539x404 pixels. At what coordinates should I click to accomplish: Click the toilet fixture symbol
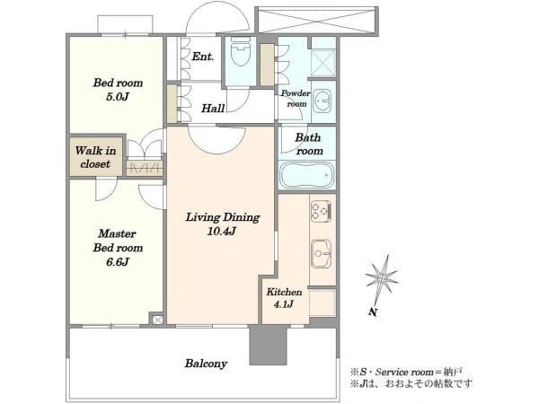[x=241, y=50]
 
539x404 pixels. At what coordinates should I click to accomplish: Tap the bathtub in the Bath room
[x=307, y=175]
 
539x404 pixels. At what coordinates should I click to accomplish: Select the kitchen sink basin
[x=321, y=253]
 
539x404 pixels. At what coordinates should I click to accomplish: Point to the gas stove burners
[x=321, y=211]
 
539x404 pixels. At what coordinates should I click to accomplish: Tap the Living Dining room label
[x=223, y=217]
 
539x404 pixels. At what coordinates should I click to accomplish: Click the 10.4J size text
[x=221, y=232]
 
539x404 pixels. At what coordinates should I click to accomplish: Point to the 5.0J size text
[x=117, y=97]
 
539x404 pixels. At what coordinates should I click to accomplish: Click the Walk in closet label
[x=95, y=157]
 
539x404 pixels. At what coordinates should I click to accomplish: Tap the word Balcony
[x=206, y=364]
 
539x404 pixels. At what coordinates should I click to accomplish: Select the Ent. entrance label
[x=203, y=57]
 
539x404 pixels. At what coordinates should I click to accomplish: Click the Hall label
[x=213, y=109]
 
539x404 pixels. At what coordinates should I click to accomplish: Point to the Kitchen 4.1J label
[x=284, y=298]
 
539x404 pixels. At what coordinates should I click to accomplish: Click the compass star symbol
[x=382, y=277]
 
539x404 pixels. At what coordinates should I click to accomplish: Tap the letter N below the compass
[x=373, y=312]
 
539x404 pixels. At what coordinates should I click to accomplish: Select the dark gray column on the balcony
[x=268, y=345]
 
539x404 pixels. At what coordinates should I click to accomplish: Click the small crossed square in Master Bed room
[x=157, y=320]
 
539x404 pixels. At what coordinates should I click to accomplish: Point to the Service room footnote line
[x=406, y=372]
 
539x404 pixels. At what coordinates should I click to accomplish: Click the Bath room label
[x=309, y=145]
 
